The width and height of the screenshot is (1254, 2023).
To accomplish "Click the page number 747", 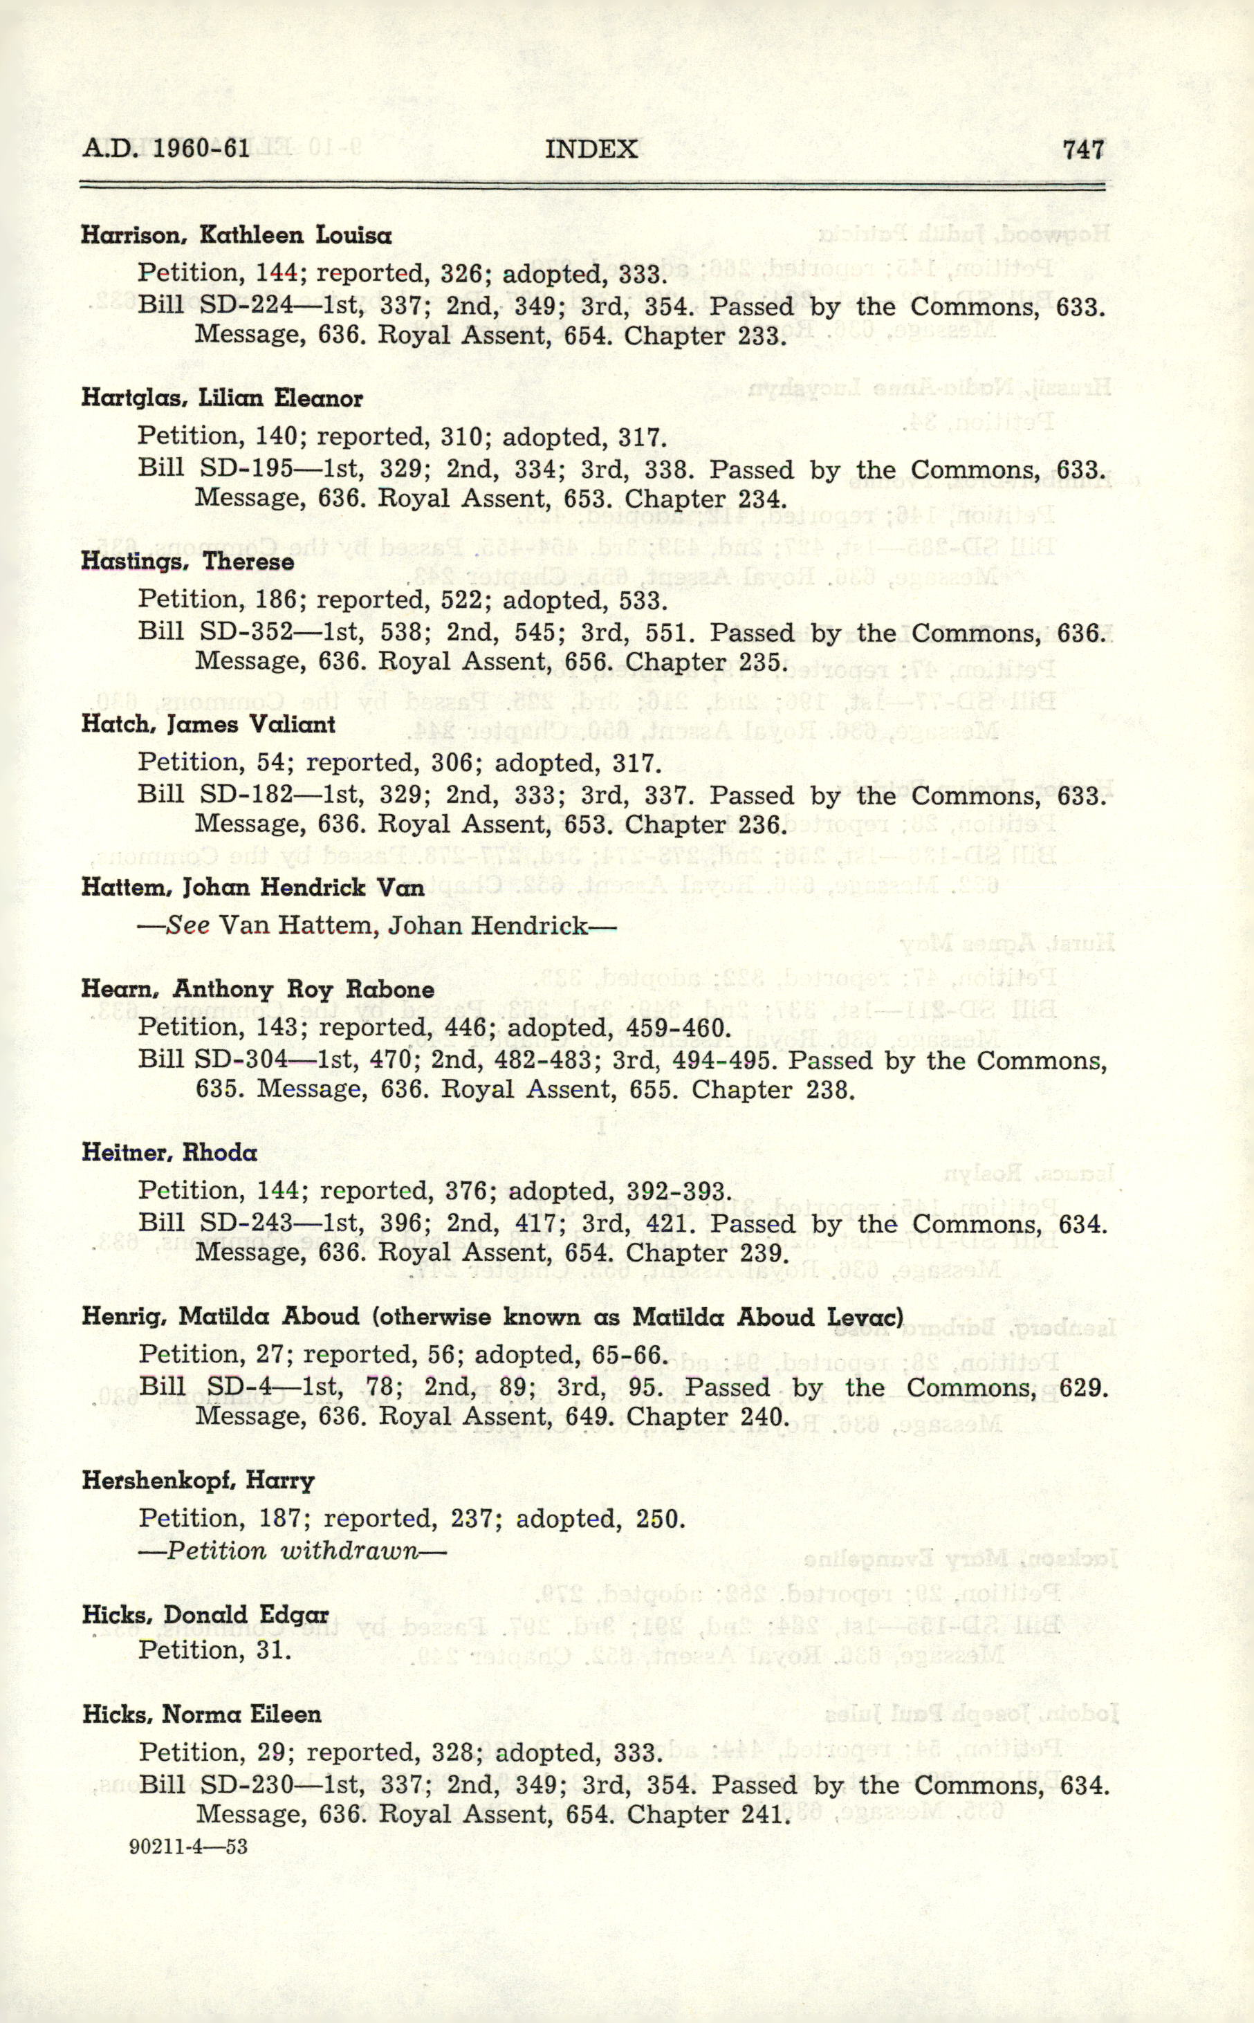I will pos(1083,149).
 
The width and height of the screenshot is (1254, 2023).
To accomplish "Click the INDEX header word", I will pos(591,149).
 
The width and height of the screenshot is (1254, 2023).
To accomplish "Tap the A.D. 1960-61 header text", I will pos(166,149).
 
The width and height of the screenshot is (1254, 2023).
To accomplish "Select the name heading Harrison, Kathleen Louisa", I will pos(237,235).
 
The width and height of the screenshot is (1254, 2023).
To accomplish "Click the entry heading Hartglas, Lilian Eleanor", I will pos(221,399).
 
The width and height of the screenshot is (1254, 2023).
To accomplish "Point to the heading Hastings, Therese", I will pos(187,562).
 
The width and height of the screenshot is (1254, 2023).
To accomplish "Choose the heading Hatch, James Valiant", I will pos(208,725).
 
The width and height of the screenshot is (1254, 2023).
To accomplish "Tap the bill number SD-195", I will pos(246,470).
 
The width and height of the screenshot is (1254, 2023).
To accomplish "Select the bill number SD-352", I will pos(246,633).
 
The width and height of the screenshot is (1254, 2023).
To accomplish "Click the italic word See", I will pos(187,925).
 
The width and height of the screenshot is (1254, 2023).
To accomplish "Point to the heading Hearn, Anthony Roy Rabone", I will pos(258,989).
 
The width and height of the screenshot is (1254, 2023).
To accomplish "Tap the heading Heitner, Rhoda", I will pos(169,1152).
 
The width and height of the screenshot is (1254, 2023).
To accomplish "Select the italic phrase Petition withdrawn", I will pos(292,1551).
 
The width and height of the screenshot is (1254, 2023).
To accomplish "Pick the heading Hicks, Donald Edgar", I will pos(205,1615).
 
